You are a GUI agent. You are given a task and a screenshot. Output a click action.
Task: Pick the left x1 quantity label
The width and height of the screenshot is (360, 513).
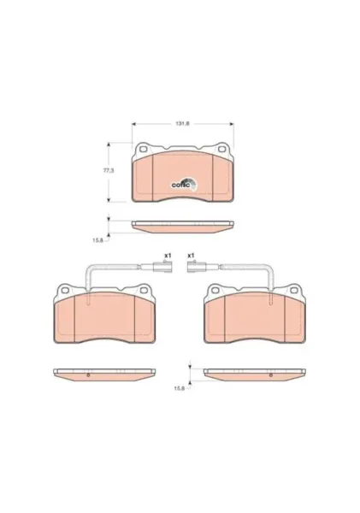pos(168,255)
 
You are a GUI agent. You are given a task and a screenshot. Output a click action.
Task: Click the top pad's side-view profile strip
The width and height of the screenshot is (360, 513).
pos(183,227)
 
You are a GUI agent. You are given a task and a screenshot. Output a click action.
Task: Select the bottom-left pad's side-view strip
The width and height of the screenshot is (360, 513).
pos(103,373)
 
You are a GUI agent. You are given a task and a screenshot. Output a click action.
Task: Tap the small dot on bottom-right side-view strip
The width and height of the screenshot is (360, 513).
pos(271,374)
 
